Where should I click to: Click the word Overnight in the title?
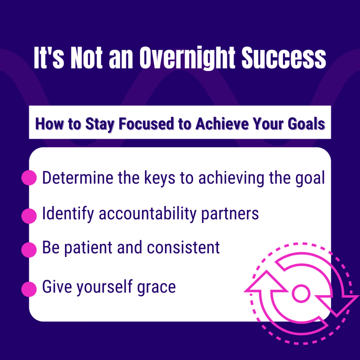click(x=187, y=58)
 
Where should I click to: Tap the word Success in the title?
click(x=284, y=58)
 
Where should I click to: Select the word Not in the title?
click(x=86, y=58)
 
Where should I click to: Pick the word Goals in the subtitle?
click(x=306, y=124)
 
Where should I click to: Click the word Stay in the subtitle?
click(x=99, y=124)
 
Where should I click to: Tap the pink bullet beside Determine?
click(x=29, y=178)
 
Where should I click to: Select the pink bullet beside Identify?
click(x=29, y=216)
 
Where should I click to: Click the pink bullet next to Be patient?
click(x=29, y=250)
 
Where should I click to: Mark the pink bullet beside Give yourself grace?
click(x=29, y=289)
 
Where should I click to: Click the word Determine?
click(x=78, y=178)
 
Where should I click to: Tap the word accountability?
click(x=148, y=214)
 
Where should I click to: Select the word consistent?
click(x=183, y=247)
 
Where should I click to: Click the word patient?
click(x=88, y=248)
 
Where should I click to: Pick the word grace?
click(x=156, y=288)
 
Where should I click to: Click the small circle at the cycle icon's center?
click(x=301, y=294)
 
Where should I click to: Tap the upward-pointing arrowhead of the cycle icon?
click(x=266, y=282)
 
